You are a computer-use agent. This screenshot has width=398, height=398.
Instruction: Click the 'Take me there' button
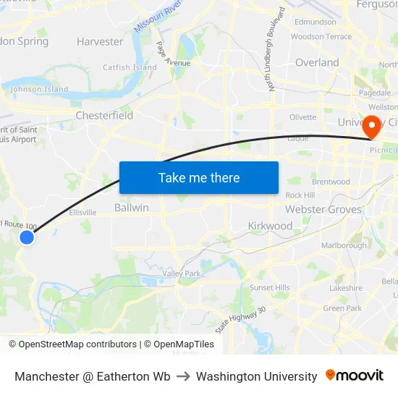199,177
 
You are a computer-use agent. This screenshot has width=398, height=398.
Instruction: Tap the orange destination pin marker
372,127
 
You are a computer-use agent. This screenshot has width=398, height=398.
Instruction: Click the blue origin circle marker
27,237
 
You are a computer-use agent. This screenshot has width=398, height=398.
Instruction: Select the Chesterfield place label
104,115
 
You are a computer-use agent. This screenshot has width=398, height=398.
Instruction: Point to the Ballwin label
132,208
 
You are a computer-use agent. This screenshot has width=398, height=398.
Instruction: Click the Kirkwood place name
270,226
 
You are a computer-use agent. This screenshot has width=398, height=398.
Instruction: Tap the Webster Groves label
323,209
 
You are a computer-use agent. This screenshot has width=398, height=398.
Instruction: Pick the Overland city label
317,63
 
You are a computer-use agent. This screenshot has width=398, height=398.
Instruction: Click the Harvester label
100,41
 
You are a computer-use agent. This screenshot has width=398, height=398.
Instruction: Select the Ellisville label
82,213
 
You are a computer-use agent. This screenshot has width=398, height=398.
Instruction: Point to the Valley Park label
181,274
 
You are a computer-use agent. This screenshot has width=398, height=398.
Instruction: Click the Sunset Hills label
269,287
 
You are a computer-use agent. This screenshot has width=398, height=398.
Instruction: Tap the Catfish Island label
130,68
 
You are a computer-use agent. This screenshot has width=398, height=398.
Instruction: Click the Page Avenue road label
172,55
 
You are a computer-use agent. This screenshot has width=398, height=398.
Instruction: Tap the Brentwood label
331,182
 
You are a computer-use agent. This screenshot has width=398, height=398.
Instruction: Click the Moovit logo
355,376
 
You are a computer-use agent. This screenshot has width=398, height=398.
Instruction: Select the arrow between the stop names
183,376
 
